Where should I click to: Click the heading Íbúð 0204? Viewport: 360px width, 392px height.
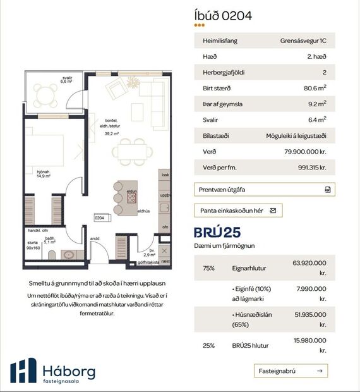[x=223, y=16]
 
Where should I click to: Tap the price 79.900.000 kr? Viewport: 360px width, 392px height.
[x=305, y=152]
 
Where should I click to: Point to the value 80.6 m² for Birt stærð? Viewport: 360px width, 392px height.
[x=315, y=88]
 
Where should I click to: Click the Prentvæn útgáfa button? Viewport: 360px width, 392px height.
[x=264, y=189]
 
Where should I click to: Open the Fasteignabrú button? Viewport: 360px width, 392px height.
[x=291, y=371]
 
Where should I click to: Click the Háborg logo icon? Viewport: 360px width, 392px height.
[x=23, y=371]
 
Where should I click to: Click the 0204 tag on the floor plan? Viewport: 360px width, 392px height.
[x=99, y=217]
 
